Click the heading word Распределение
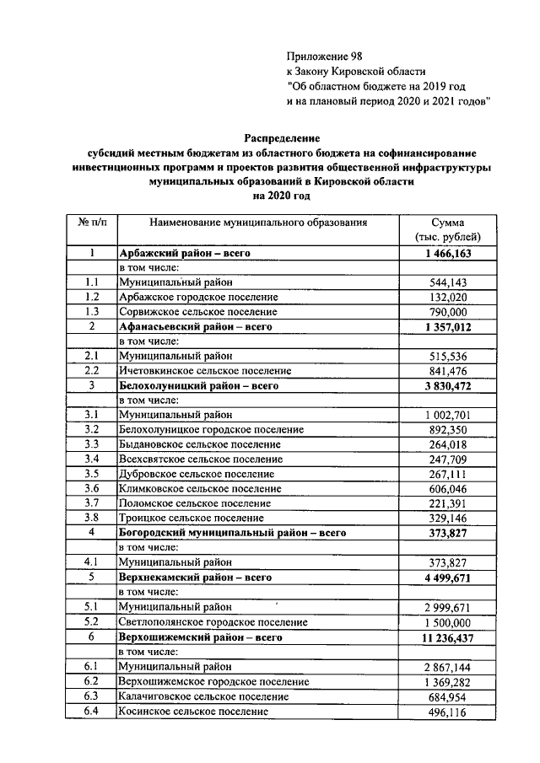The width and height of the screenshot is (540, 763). click(x=283, y=137)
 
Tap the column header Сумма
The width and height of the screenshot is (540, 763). click(x=448, y=223)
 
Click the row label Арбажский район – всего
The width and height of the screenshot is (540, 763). click(x=186, y=252)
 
